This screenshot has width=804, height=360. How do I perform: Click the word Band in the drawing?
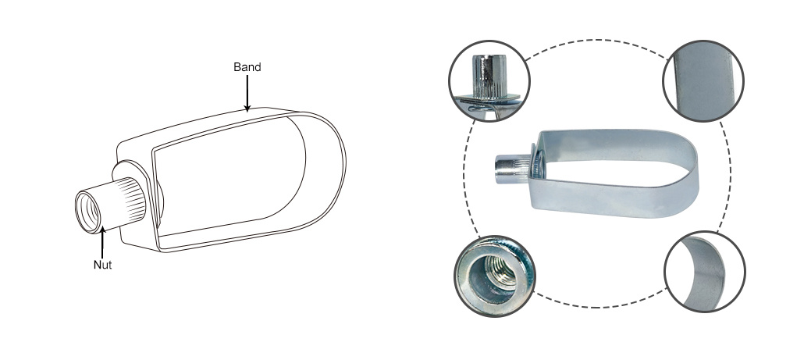[247, 67]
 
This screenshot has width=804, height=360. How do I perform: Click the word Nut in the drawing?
[102, 265]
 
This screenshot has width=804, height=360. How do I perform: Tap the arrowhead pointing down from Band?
[247, 108]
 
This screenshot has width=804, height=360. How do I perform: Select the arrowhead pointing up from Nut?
[102, 231]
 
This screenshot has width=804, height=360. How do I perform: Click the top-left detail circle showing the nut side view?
[489, 81]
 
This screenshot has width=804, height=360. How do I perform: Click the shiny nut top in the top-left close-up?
[489, 76]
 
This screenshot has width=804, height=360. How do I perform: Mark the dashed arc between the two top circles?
[596, 40]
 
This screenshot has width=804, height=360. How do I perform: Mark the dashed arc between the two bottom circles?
[600, 307]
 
